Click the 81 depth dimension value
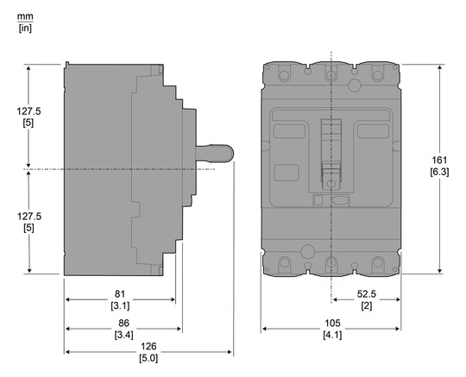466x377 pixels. (x=120, y=292)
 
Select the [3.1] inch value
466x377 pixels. (x=120, y=305)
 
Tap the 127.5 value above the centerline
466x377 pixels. (x=28, y=110)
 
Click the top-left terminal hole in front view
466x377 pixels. (x=284, y=76)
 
